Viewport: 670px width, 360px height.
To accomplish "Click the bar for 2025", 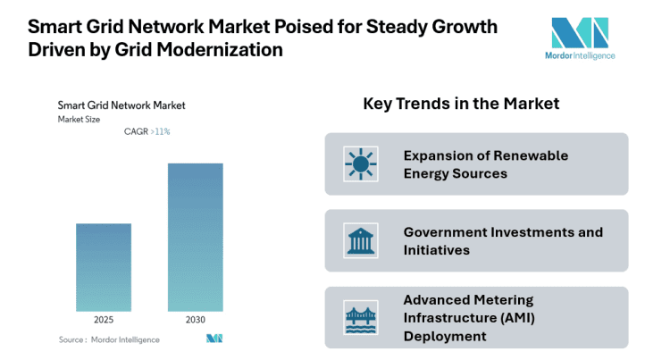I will [x=104, y=267].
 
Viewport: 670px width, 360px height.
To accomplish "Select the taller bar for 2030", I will [x=195, y=237].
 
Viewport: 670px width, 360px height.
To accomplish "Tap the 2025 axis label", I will [x=104, y=320].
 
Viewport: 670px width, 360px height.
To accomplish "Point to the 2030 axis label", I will [x=195, y=320].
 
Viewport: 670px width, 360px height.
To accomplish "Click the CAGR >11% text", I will [x=147, y=131].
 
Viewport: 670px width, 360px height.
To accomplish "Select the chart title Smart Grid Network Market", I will [x=121, y=105].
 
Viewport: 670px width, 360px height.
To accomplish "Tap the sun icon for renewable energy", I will [x=361, y=163].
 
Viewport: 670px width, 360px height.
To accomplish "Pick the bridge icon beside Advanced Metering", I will [x=361, y=318].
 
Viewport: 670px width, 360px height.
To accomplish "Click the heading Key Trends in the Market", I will [x=461, y=104].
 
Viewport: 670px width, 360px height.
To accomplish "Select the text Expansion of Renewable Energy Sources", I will [x=485, y=164].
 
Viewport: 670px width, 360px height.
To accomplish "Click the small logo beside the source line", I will [x=214, y=339].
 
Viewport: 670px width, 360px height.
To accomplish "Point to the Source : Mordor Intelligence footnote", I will [x=109, y=339].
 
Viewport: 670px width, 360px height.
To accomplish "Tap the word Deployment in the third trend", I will [x=445, y=336].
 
